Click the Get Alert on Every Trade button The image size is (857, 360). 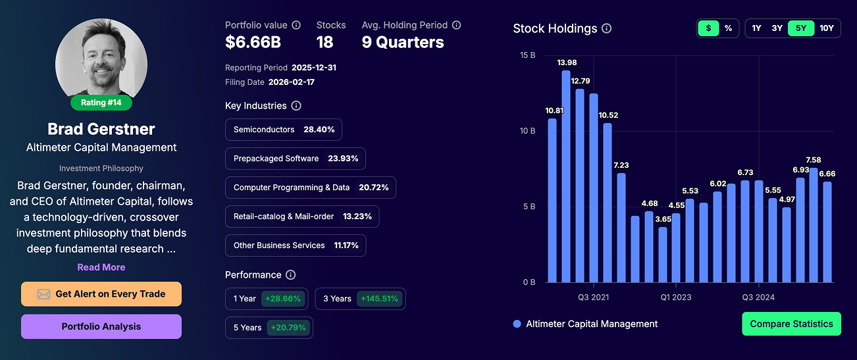point(101,294)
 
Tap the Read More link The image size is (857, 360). point(101,267)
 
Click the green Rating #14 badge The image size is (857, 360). point(101,103)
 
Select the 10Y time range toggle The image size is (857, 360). point(826,28)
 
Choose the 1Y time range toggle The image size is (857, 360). point(757,28)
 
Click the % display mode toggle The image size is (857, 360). point(728,28)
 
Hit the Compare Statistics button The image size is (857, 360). point(791,324)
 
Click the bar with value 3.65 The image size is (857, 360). point(663,255)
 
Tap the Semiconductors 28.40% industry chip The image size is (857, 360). point(284,130)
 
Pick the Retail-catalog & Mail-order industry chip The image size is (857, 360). point(302,217)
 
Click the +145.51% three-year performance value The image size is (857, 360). point(379,299)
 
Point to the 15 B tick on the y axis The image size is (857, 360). point(528,55)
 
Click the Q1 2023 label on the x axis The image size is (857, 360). point(676,297)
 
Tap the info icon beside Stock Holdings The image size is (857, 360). point(607,28)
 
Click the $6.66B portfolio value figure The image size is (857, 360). point(253,43)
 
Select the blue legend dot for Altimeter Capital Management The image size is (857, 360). point(517,324)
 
